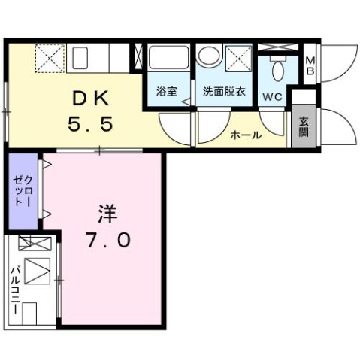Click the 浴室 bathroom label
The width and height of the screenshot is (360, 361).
tap(167, 92)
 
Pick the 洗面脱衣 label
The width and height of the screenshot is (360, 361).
tap(223, 92)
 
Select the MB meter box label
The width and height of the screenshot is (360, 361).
tap(310, 66)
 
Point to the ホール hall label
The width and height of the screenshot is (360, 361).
tap(246, 136)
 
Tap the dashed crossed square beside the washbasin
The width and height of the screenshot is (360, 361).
tap(239, 57)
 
